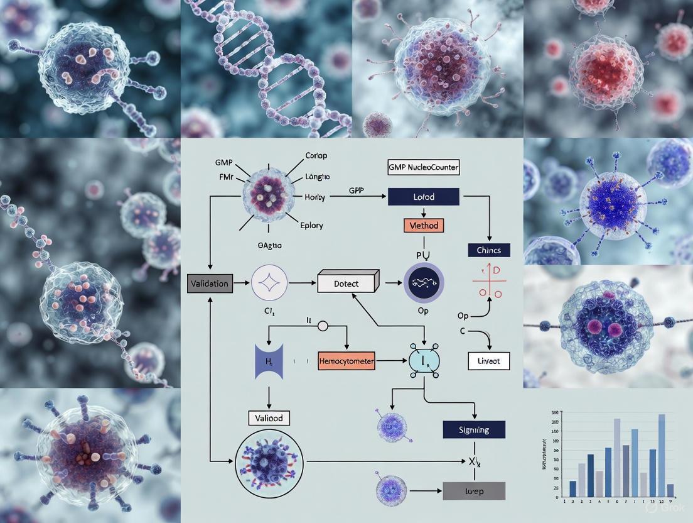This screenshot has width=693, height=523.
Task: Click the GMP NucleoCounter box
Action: pyautogui.click(x=423, y=168)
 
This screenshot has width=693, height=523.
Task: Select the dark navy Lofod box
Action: pyautogui.click(x=424, y=197)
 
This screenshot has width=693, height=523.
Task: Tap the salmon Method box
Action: pyautogui.click(x=423, y=224)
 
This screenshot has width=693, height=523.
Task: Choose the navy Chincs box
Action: pyautogui.click(x=489, y=250)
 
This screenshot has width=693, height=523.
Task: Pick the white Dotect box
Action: pyautogui.click(x=346, y=284)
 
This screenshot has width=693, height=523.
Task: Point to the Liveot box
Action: pyautogui.click(x=489, y=360)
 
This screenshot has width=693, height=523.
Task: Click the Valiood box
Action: pyautogui.click(x=269, y=417)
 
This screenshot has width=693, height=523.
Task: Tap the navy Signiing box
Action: pyautogui.click(x=474, y=429)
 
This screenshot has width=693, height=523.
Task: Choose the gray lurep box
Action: pyautogui.click(x=474, y=490)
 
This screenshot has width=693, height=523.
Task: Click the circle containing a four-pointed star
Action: pyautogui.click(x=269, y=284)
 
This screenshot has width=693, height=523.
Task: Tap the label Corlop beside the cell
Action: pyautogui.click(x=316, y=155)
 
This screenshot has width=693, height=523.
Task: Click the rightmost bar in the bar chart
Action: pyautogui.click(x=670, y=490)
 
